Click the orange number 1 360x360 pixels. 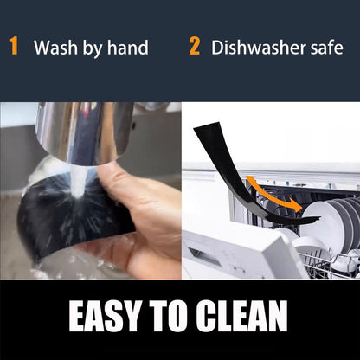coord(14,46)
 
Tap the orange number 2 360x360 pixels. coord(194,46)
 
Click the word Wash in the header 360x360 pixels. coord(55,47)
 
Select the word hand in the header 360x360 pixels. coord(128,47)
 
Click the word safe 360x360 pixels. coord(327,47)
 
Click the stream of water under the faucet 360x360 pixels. coord(79,180)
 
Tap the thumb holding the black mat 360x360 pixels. coord(115,184)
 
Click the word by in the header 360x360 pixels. coord(92,48)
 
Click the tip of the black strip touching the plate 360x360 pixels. coord(319,217)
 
